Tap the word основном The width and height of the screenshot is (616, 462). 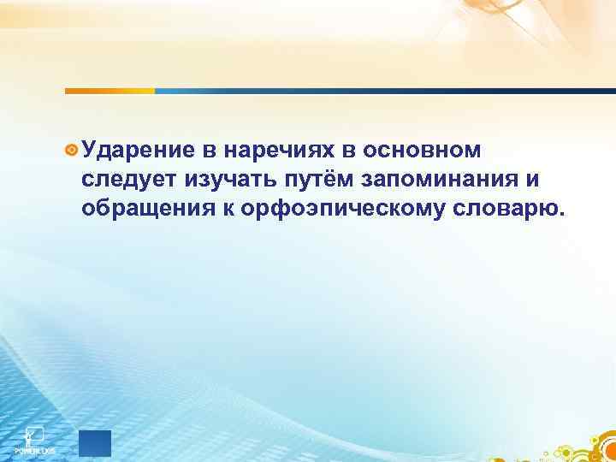click(x=423, y=151)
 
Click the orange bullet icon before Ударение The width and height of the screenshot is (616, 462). click(x=72, y=151)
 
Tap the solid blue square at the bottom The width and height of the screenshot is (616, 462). click(x=95, y=444)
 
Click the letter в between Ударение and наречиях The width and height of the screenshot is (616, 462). click(x=209, y=151)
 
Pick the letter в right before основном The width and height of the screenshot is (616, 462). click(x=349, y=151)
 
